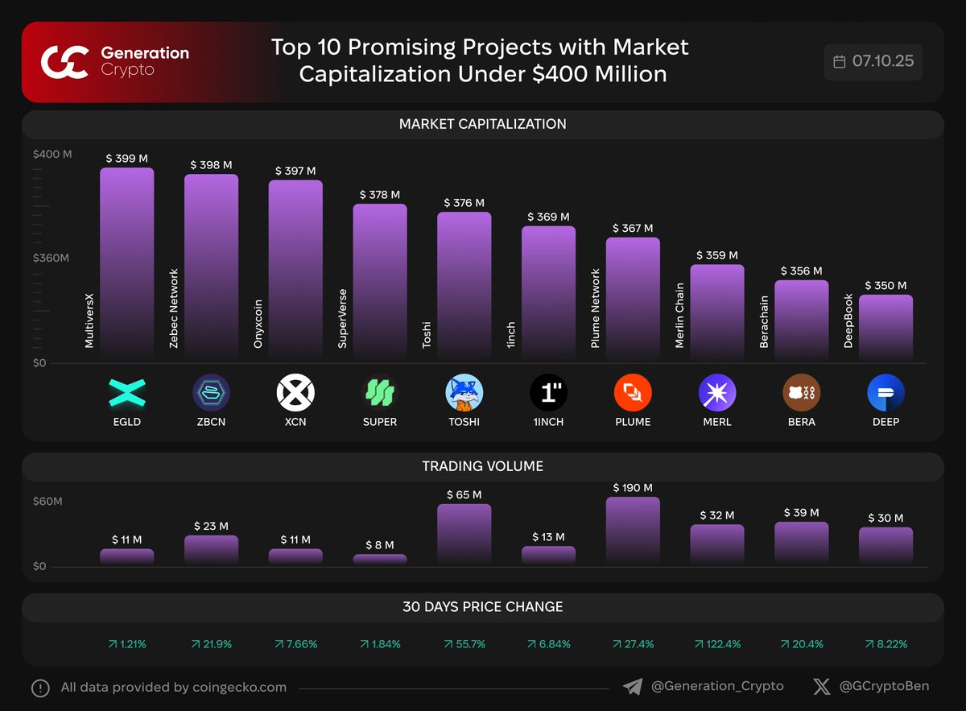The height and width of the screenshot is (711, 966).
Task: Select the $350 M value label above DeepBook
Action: (x=885, y=286)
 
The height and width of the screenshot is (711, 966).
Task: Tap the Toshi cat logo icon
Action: (x=464, y=393)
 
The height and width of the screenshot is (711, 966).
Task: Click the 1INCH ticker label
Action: (x=548, y=421)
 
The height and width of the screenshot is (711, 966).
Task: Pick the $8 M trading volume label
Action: (x=380, y=545)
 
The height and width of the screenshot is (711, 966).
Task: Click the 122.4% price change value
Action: (x=717, y=644)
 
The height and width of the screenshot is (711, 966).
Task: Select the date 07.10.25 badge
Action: (x=873, y=61)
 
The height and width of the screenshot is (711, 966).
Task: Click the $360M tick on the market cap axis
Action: (x=51, y=258)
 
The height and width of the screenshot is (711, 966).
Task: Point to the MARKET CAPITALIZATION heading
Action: (x=482, y=124)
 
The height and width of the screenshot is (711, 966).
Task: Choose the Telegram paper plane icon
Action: (x=633, y=687)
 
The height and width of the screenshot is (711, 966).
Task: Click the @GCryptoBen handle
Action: (x=884, y=687)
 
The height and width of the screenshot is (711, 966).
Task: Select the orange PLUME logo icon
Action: (x=633, y=393)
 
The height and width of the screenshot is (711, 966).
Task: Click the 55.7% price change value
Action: (x=464, y=644)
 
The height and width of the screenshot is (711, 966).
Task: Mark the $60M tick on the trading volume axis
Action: (x=47, y=502)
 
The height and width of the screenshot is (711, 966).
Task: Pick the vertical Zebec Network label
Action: (x=174, y=308)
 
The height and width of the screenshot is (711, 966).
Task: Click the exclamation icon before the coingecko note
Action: (x=40, y=688)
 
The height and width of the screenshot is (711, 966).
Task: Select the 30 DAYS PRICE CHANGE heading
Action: (x=482, y=607)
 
